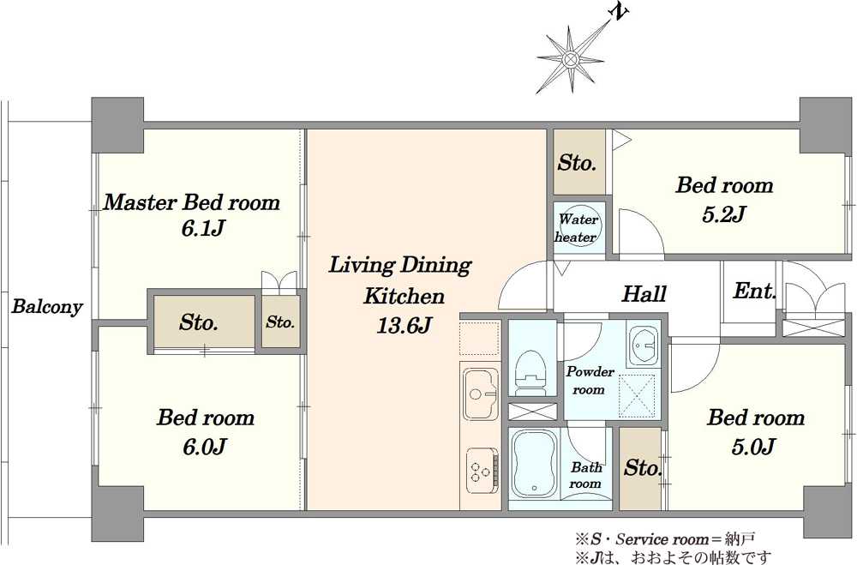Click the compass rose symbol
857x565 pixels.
(x=570, y=58)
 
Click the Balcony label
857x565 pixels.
(x=47, y=306)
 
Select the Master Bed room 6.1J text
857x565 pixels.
(x=192, y=214)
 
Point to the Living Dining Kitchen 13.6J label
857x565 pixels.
(x=400, y=295)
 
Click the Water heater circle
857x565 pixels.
(x=578, y=229)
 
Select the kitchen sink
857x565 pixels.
(x=481, y=394)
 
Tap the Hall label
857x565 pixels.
(x=644, y=294)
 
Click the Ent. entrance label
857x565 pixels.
(x=755, y=291)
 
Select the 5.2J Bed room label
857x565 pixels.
(x=725, y=199)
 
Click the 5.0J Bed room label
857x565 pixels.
(x=756, y=432)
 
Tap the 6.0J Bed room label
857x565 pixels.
(x=206, y=432)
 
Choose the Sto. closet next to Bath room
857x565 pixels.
(x=640, y=468)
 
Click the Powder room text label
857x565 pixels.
(x=590, y=380)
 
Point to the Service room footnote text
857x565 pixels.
(x=665, y=540)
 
